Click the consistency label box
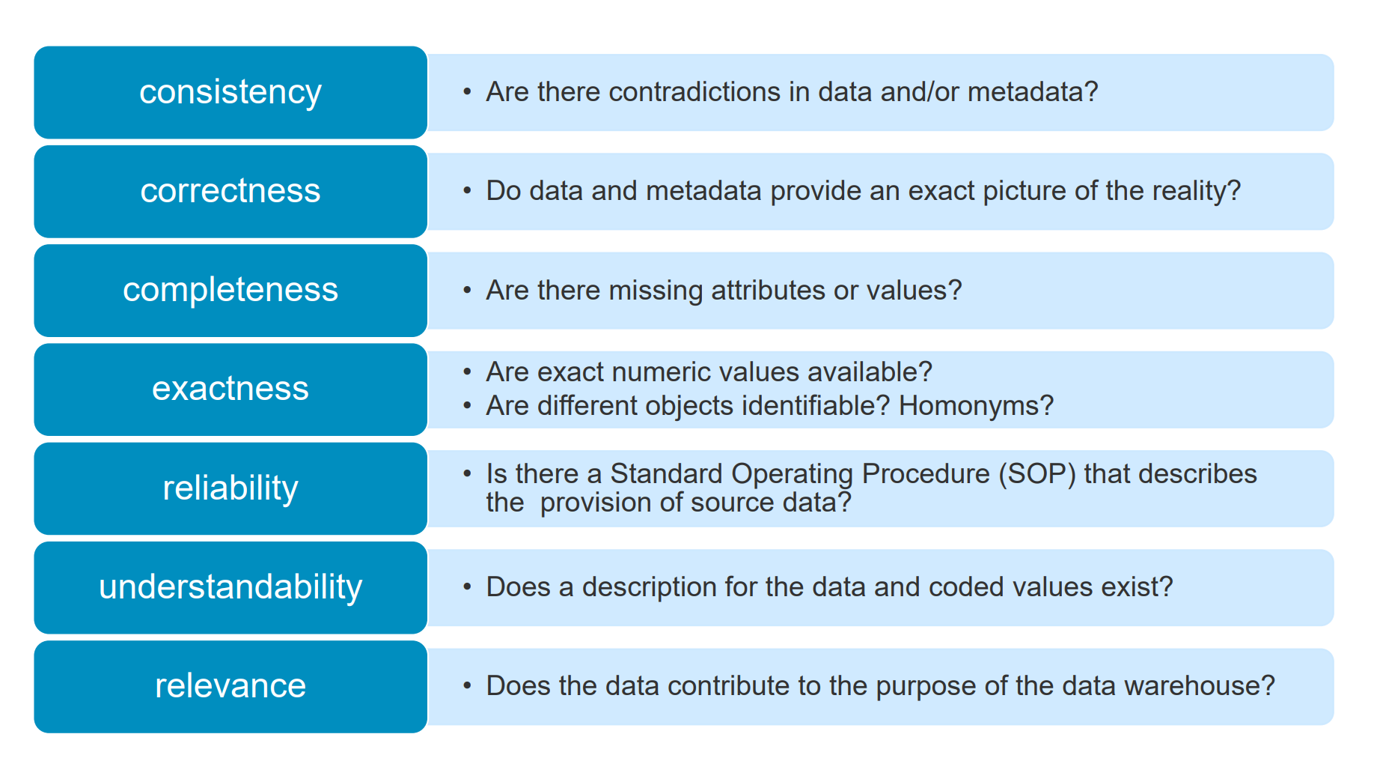[230, 92]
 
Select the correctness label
[230, 191]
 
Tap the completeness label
[230, 291]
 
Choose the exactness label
[230, 389]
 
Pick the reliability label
[230, 488]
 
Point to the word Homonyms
[976, 406]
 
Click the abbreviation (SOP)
[1037, 474]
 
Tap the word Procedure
[926, 474]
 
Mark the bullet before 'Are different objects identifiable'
[467, 406]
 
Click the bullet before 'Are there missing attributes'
[467, 291]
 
